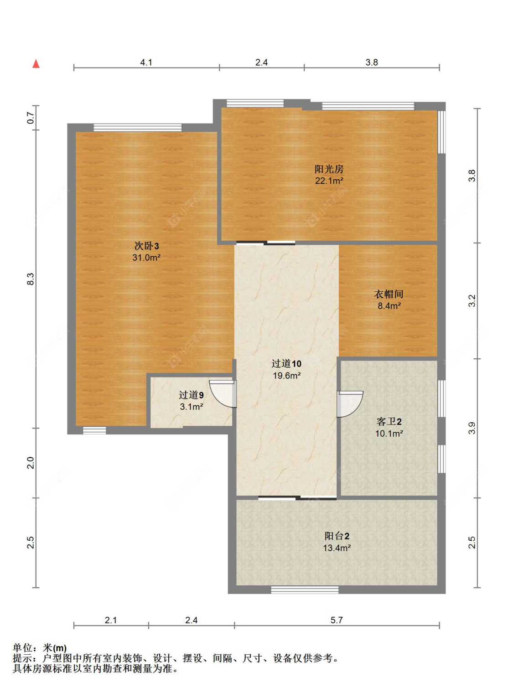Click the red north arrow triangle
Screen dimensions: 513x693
point(36,64)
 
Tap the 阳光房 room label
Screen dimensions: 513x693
point(329,169)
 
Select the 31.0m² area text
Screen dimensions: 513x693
point(146,258)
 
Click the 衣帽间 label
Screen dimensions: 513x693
point(389,294)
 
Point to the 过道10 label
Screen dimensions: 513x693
point(286,364)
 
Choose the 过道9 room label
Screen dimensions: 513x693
point(191,395)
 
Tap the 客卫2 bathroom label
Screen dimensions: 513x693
point(389,422)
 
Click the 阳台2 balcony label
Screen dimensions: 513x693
point(337,536)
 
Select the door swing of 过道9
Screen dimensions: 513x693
point(223,393)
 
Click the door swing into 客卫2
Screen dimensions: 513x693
point(350,404)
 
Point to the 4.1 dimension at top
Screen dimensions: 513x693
point(146,62)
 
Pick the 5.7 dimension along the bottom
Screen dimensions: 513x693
point(337,620)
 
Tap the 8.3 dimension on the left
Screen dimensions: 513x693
point(30,279)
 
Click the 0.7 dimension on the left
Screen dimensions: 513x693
point(30,118)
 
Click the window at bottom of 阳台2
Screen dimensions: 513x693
point(305,590)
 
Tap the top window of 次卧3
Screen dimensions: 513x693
point(138,128)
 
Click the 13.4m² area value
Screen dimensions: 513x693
point(337,548)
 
